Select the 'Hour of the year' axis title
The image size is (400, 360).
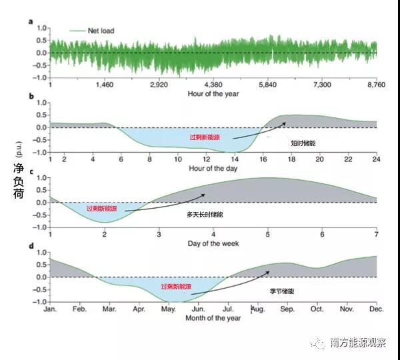point(213,93)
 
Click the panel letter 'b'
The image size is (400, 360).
point(31,97)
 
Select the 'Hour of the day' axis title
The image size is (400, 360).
point(213,168)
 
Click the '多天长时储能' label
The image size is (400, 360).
point(205,215)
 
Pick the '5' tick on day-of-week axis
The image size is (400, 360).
point(267,235)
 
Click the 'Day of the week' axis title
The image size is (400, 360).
point(213,243)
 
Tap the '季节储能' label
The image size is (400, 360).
point(283,291)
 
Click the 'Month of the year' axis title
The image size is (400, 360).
point(213,318)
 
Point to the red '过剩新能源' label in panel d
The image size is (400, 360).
point(176,286)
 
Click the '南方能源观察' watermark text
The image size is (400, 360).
point(358,342)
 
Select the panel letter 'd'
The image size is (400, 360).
point(31,247)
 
